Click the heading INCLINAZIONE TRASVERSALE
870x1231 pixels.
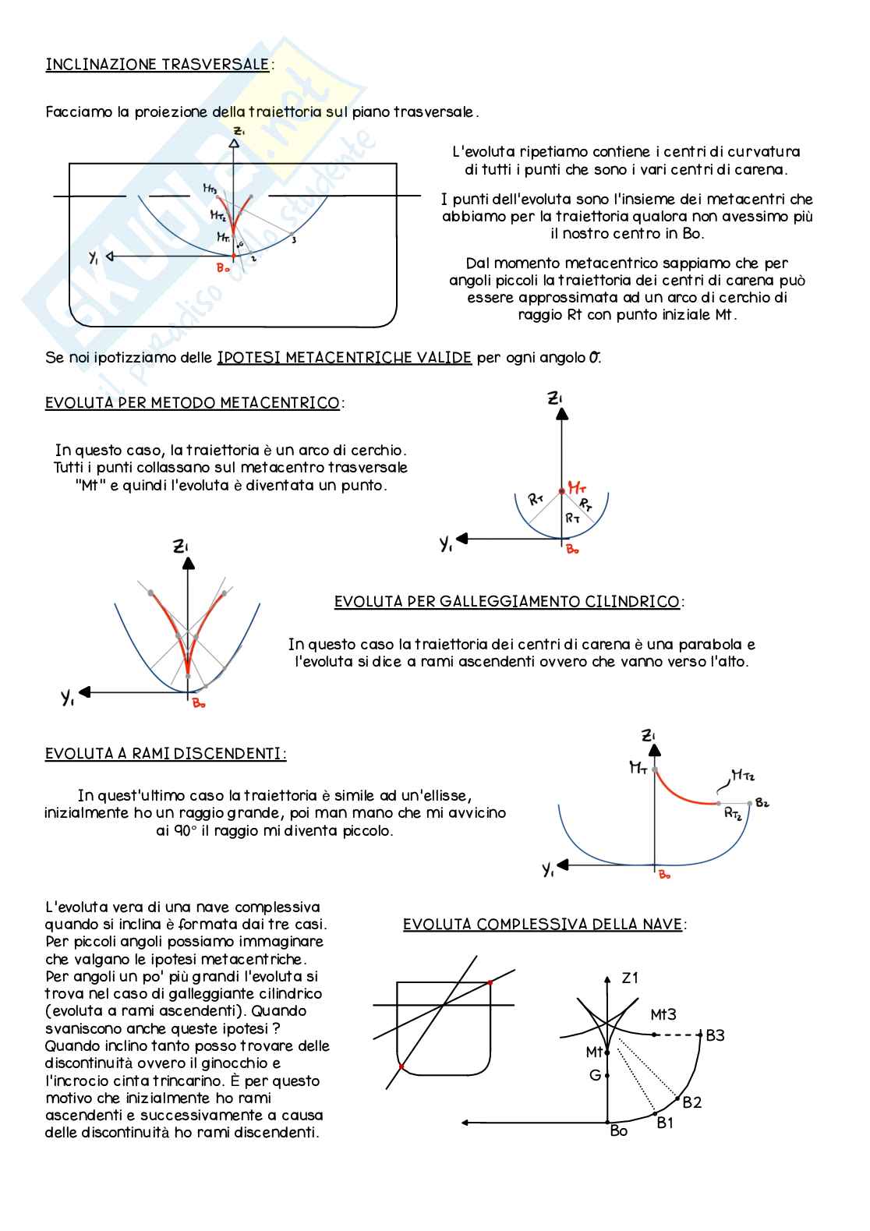coord(157,65)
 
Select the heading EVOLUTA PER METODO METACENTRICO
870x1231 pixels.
coord(193,403)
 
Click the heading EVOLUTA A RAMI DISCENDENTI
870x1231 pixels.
coord(164,754)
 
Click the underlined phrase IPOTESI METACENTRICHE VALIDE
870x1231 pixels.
coord(344,358)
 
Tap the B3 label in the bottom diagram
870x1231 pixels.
coord(715,1035)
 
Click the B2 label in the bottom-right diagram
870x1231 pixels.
coord(691,1102)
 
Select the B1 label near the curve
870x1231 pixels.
coord(665,1123)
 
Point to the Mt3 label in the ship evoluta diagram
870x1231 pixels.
coord(663,1014)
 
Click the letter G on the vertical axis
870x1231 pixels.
coord(595,1075)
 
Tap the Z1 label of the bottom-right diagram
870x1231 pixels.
coord(630,978)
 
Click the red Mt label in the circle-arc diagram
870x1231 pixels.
coord(577,488)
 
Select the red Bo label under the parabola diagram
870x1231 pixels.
coord(199,704)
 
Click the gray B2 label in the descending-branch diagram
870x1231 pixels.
coord(762,803)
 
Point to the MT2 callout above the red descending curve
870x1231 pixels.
coord(742,775)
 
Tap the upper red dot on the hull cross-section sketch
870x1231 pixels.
coord(490,982)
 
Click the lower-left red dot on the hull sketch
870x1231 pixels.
coord(401,1066)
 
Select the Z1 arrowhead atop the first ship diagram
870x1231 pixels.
coord(235,143)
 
